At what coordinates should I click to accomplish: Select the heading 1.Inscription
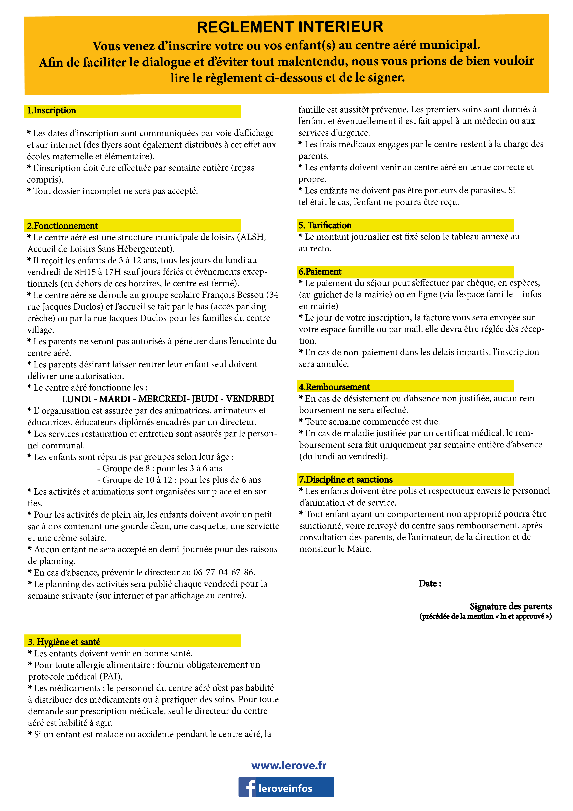click(52, 111)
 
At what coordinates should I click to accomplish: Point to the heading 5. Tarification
click(325, 225)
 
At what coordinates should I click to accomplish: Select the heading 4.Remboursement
click(334, 387)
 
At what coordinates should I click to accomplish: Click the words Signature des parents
click(511, 607)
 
